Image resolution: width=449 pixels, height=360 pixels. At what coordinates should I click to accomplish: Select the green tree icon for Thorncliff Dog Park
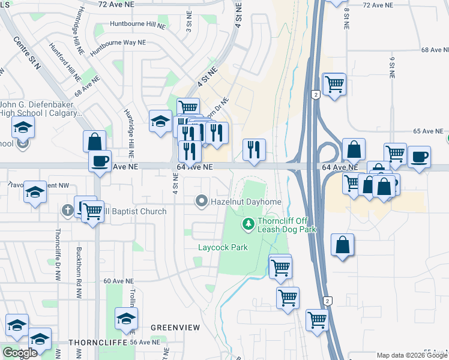247,224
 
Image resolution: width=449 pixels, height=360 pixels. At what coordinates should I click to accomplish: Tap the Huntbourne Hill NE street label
137,25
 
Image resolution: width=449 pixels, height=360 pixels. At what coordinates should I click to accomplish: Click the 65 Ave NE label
427,131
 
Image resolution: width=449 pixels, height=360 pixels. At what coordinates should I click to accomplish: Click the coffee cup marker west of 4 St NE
100,160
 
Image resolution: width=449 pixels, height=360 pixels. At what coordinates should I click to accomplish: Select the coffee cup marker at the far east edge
419,157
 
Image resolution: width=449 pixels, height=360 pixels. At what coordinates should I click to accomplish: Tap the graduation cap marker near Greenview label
126,319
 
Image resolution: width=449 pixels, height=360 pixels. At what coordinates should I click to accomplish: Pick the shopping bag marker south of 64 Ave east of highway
342,245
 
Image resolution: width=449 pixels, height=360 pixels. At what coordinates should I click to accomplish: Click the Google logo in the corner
20,352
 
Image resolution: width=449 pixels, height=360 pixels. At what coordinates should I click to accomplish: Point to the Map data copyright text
412,355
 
